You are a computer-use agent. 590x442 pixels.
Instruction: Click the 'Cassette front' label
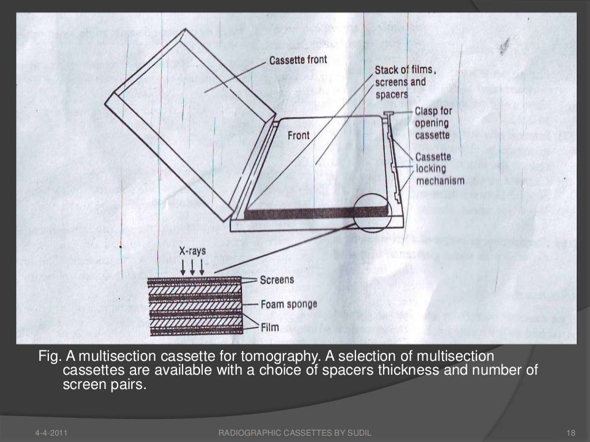tap(298, 60)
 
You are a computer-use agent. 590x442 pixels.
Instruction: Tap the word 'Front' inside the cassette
tap(298, 135)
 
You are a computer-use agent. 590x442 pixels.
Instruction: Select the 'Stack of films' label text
tap(405, 70)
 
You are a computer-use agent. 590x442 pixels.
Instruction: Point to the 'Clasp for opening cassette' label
tap(433, 123)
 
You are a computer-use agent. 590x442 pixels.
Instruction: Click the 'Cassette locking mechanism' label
tap(440, 169)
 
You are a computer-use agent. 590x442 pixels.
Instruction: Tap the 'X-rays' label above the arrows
tap(192, 251)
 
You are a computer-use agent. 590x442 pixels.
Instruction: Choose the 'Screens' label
tap(277, 280)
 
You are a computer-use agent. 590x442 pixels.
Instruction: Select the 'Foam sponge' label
tap(289, 304)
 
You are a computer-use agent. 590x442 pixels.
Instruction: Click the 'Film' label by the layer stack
tap(270, 327)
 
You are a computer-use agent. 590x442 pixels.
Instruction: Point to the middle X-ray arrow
tap(192, 267)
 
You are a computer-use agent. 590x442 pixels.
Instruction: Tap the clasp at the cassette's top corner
tap(388, 113)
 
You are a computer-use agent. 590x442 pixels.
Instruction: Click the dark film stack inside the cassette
tap(316, 213)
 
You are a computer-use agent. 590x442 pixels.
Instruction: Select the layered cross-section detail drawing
tap(195, 306)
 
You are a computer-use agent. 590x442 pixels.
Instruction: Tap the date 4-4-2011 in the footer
tap(51, 433)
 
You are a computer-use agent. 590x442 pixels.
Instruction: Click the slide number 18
tap(571, 433)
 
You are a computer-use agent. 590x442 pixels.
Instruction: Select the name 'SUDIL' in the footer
tap(359, 433)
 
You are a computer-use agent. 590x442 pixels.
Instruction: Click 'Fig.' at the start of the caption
tap(50, 356)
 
